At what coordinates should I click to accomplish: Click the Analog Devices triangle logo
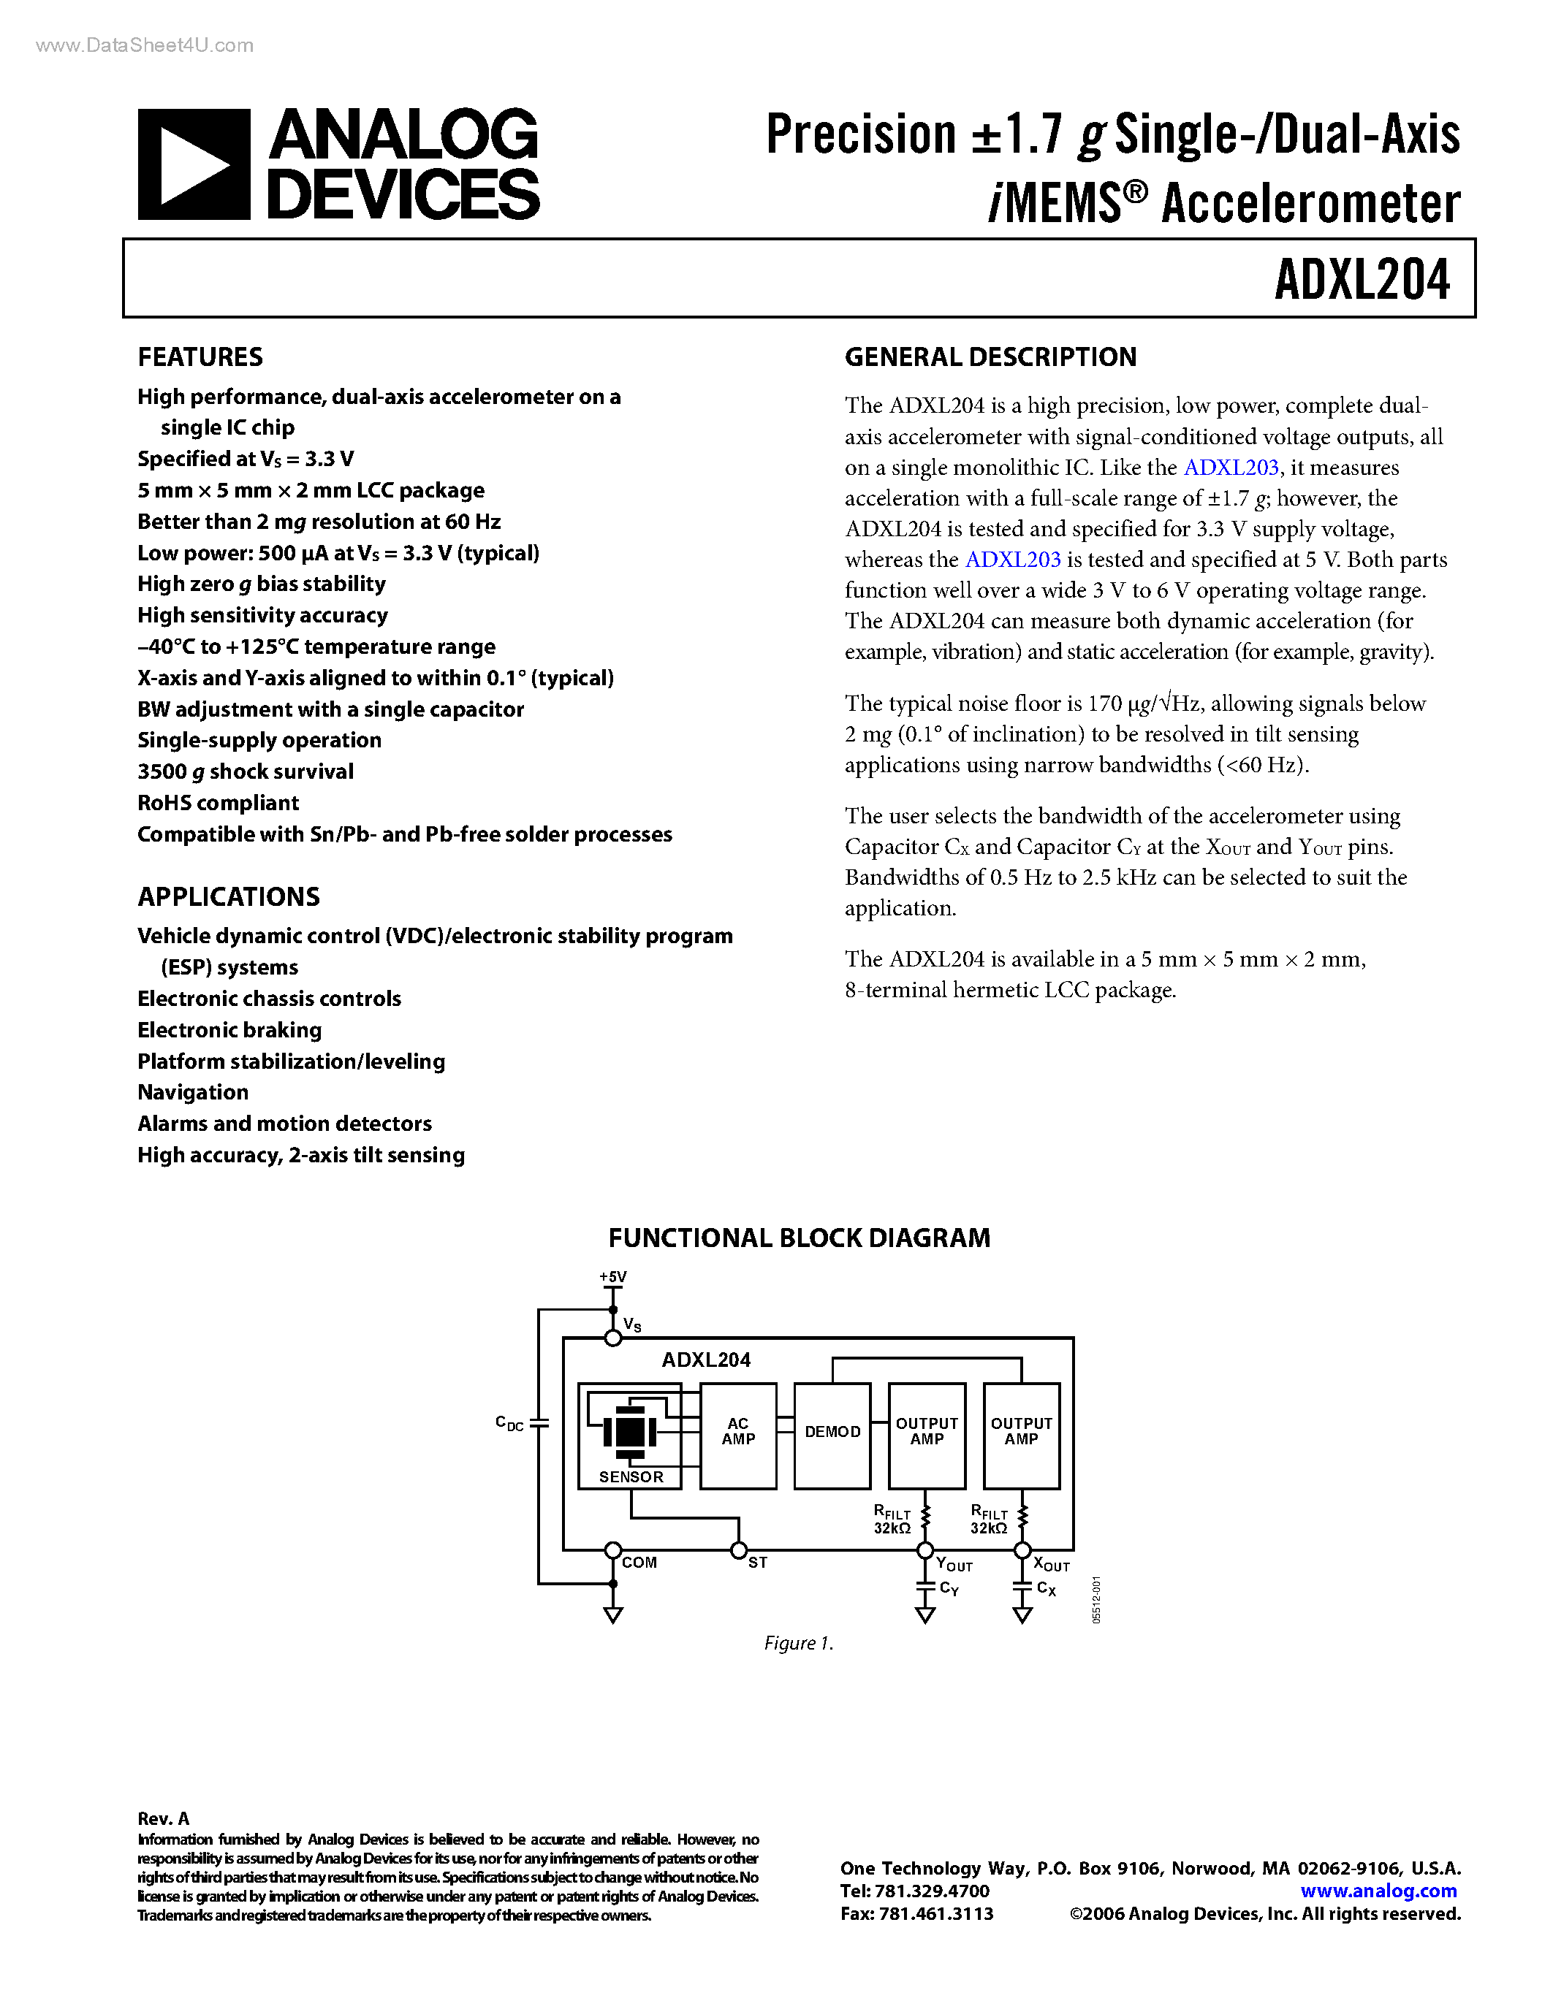[x=194, y=164]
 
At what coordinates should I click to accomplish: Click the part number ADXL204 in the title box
[x=1362, y=280]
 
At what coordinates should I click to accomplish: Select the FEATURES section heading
[x=200, y=357]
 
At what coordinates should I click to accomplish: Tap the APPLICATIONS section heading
[x=228, y=897]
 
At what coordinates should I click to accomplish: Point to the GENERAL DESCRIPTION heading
[x=990, y=357]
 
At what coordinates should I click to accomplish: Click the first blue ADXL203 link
[x=1230, y=468]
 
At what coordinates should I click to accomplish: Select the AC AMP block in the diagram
[x=738, y=1431]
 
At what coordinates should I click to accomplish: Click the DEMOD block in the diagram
[x=832, y=1431]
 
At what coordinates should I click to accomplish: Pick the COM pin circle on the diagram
[x=612, y=1551]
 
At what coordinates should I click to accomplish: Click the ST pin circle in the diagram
[x=738, y=1551]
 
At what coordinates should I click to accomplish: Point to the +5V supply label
[x=612, y=1277]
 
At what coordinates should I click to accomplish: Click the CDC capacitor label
[x=509, y=1423]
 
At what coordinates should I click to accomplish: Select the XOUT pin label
[x=1051, y=1565]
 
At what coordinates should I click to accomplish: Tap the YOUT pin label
[x=954, y=1565]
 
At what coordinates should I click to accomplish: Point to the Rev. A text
[x=163, y=1818]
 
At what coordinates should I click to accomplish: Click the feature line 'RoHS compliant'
[x=218, y=803]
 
